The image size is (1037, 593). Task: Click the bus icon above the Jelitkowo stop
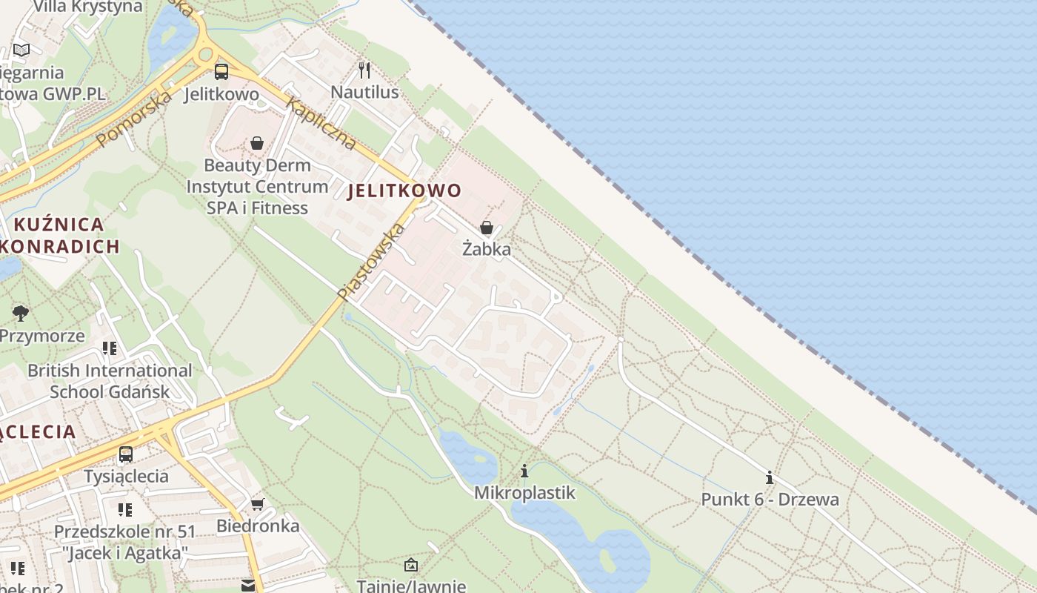[x=221, y=71]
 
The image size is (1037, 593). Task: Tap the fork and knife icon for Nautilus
[x=364, y=70]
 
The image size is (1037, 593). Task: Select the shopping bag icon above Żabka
[x=487, y=228]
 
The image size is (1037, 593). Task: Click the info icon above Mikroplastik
[x=524, y=471]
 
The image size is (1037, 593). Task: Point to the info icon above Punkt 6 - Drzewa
[x=770, y=477]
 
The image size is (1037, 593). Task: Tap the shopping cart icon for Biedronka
[x=257, y=505]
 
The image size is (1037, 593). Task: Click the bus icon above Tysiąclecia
[x=126, y=454]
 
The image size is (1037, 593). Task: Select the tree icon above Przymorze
[x=21, y=313]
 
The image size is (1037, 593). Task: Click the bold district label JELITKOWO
[x=404, y=191]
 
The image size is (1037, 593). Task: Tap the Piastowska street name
[x=371, y=262]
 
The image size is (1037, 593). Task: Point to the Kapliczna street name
[x=321, y=124]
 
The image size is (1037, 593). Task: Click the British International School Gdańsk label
[x=110, y=380]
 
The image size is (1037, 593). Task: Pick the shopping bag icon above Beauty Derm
[x=257, y=143]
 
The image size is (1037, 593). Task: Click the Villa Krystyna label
[x=88, y=7]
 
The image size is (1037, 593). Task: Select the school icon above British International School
[x=110, y=348]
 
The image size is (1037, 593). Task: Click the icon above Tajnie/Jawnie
[x=411, y=566]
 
